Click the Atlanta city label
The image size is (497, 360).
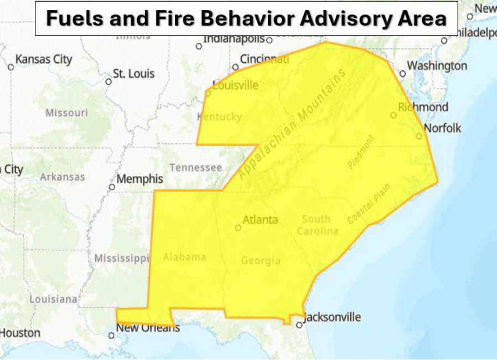(260, 220)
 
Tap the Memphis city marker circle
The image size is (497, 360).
(112, 187)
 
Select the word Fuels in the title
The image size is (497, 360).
(74, 18)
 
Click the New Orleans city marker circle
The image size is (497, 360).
(111, 336)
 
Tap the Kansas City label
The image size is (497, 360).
(43, 59)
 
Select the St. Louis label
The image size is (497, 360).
(134, 74)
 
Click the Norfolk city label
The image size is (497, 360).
(442, 128)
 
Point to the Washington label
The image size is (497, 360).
(437, 66)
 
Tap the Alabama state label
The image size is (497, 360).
(184, 257)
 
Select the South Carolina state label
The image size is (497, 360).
(317, 225)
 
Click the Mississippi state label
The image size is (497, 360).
(121, 259)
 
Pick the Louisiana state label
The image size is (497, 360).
(53, 299)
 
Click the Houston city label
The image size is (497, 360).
(20, 333)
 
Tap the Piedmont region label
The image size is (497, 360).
(361, 151)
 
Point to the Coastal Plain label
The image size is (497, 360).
(369, 204)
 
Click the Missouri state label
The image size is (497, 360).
(66, 113)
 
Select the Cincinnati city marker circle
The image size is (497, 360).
(235, 67)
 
